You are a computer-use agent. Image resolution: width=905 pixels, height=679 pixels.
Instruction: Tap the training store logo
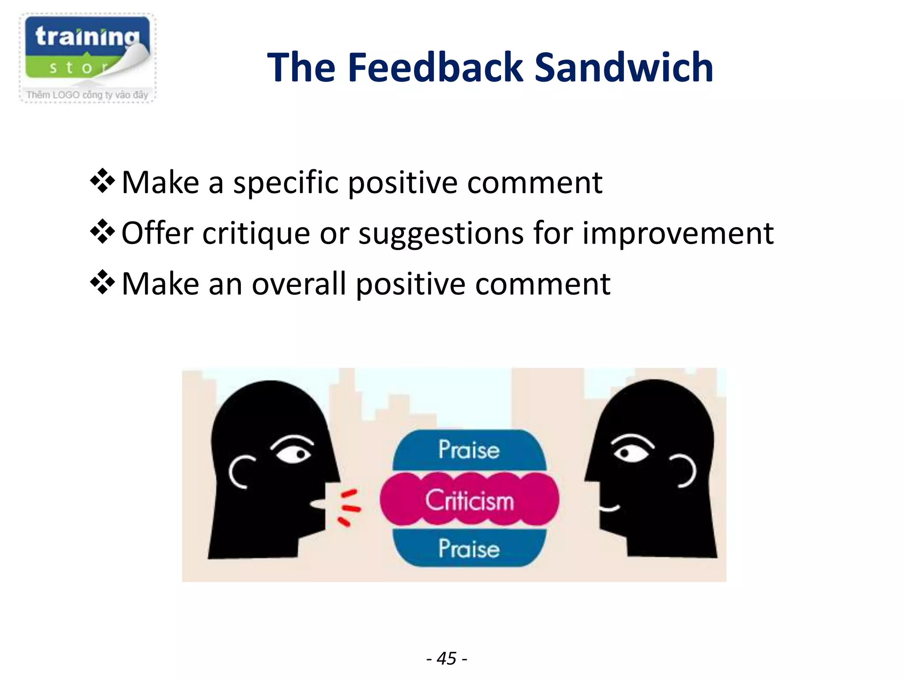click(87, 58)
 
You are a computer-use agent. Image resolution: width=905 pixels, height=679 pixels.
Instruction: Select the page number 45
click(447, 658)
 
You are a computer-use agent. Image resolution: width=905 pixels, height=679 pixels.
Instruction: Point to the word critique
click(256, 233)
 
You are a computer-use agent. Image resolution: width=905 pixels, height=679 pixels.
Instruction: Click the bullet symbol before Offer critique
click(103, 232)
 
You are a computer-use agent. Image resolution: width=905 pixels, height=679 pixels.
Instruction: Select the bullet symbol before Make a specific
click(103, 181)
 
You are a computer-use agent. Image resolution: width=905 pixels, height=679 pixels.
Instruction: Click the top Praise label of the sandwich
click(469, 450)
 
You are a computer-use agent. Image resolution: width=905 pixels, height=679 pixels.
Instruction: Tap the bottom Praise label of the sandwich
click(469, 549)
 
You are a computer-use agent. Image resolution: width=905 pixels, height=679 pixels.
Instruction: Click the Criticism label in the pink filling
click(469, 500)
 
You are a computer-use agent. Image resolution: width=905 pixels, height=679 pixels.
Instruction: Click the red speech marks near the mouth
click(349, 507)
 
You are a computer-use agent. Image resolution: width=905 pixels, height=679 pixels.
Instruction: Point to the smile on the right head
click(609, 508)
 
